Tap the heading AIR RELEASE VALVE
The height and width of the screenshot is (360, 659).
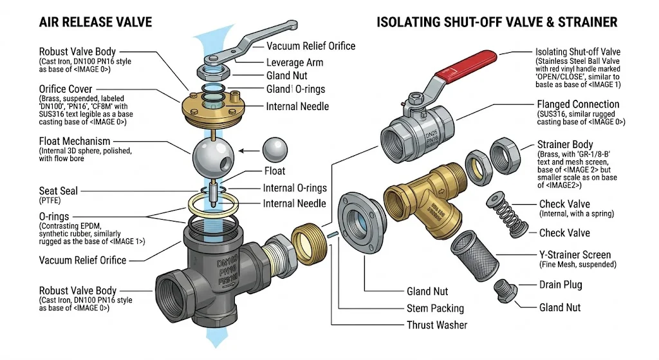(x=95, y=23)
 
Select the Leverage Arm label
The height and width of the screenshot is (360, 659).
(x=295, y=63)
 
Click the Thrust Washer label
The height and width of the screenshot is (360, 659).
(x=437, y=325)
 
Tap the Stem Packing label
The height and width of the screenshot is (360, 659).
(x=436, y=308)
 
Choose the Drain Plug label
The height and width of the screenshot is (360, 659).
(x=560, y=285)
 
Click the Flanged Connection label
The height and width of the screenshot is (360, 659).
(x=578, y=104)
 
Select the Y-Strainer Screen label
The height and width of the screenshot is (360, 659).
(x=575, y=255)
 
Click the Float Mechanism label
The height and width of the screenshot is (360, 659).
(x=75, y=141)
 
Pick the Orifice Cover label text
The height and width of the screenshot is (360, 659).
(x=66, y=89)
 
